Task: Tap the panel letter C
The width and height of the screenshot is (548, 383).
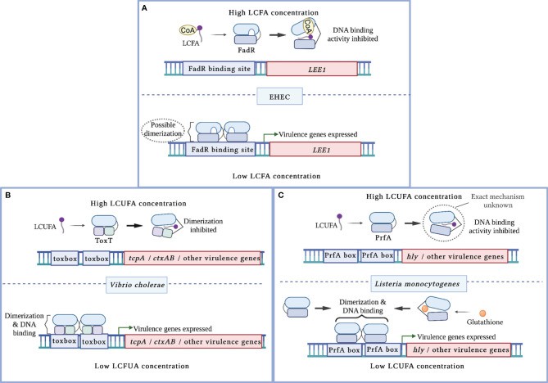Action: click(283, 197)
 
